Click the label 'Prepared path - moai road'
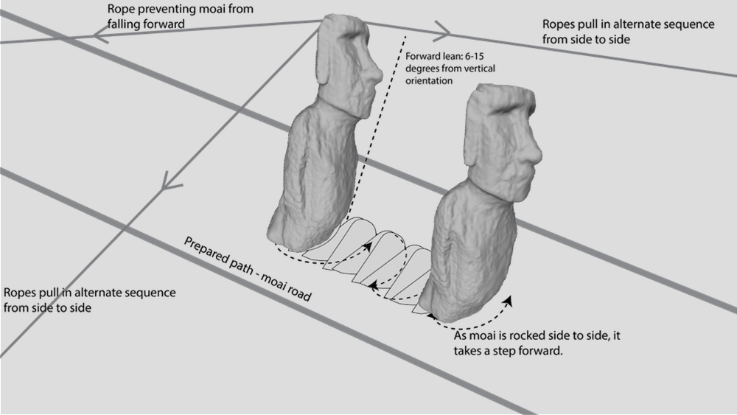pyautogui.click(x=248, y=269)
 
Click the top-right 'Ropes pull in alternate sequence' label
pyautogui.click(x=628, y=31)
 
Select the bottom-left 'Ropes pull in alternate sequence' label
pyautogui.click(x=90, y=299)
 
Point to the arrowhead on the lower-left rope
pyautogui.click(x=170, y=179)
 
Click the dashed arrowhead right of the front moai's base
pyautogui.click(x=509, y=301)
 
